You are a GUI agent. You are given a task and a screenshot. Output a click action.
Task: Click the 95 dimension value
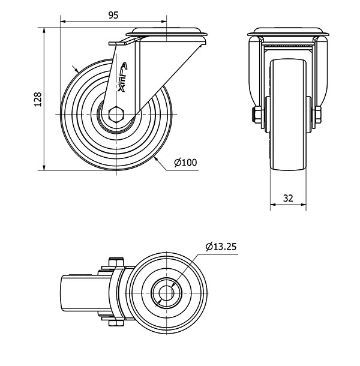pyautogui.click(x=113, y=15)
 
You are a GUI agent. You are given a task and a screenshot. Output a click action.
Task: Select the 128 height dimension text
pyautogui.click(x=38, y=100)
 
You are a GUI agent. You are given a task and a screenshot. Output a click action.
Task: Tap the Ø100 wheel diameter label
pyautogui.click(x=185, y=162)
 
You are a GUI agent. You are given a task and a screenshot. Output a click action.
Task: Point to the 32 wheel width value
pyautogui.click(x=288, y=198)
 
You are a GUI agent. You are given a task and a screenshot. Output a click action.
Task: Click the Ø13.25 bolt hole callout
pyautogui.click(x=221, y=246)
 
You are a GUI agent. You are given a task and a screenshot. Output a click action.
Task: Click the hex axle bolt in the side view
pyautogui.click(x=116, y=115)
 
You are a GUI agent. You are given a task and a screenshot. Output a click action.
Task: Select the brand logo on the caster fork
pyautogui.click(x=122, y=77)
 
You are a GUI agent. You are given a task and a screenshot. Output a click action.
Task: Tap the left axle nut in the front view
pyautogui.click(x=257, y=115)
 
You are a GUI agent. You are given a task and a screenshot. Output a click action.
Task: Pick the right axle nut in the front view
pyautogui.click(x=318, y=115)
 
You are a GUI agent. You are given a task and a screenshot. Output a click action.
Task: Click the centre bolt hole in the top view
pyautogui.click(x=166, y=293)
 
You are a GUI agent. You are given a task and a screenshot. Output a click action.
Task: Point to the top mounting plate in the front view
pyautogui.click(x=289, y=32)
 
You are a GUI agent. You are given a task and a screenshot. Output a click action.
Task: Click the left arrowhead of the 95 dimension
pyautogui.click(x=62, y=22)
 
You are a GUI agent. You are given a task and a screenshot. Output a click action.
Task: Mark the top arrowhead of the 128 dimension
pyautogui.click(x=44, y=30)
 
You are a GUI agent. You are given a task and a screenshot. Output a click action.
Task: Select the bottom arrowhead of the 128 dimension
pyautogui.click(x=44, y=167)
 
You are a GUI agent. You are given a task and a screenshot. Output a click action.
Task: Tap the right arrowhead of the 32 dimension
pyautogui.click(x=304, y=205)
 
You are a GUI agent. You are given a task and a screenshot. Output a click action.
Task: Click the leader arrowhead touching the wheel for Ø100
pyautogui.click(x=156, y=159)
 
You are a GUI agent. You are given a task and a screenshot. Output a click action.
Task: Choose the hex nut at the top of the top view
pyautogui.click(x=116, y=262)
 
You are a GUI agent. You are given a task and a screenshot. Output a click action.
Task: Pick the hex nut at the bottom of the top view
pyautogui.click(x=116, y=323)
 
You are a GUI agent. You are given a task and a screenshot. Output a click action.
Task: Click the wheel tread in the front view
pyautogui.click(x=288, y=115)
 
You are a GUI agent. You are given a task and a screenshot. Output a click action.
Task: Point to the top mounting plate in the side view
pyautogui.click(x=167, y=32)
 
